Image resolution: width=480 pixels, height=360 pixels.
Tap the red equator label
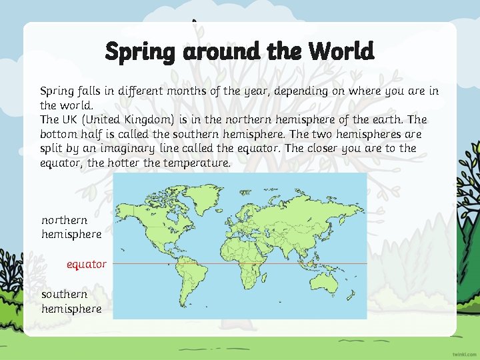point(86,264)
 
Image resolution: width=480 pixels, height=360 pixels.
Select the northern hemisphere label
point(71,227)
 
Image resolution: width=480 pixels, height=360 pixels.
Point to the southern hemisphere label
point(71,301)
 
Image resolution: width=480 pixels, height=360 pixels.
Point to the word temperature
point(198,163)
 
